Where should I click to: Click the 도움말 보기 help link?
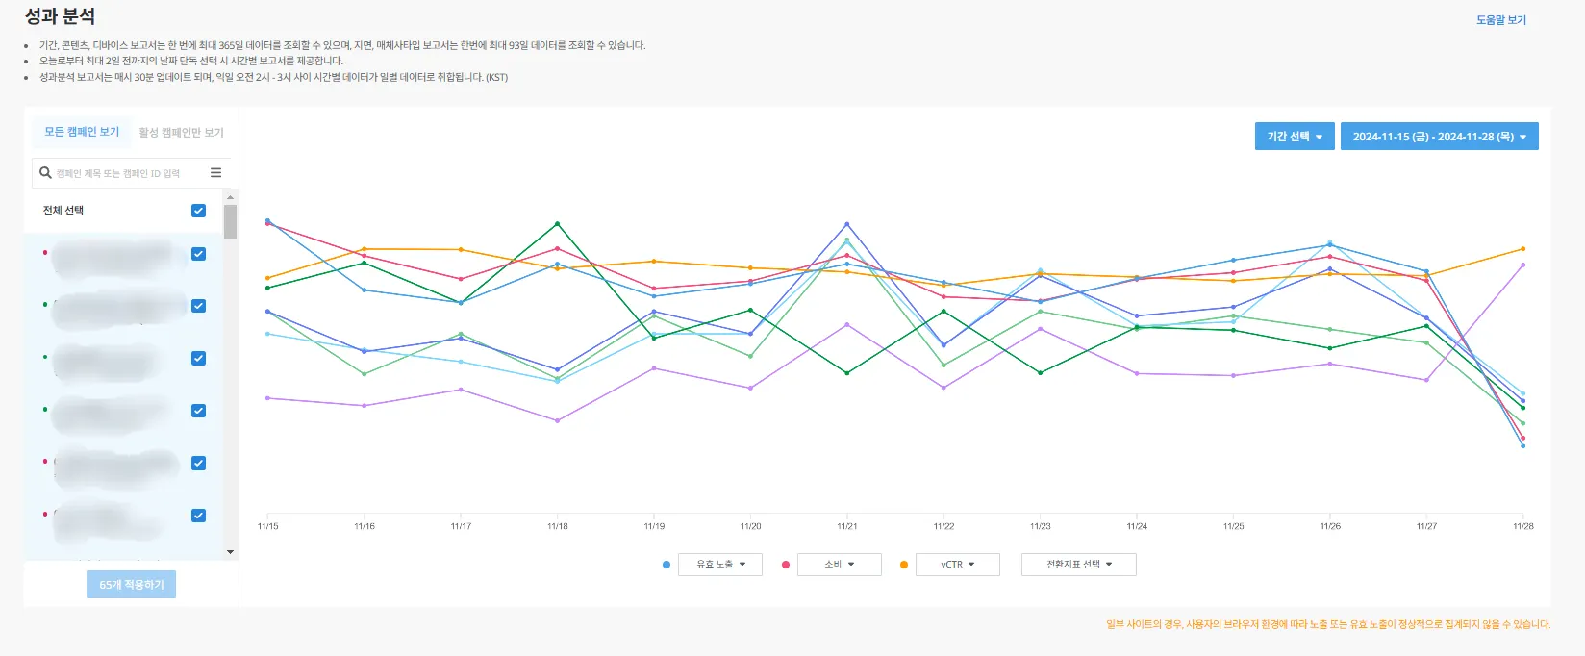tap(1500, 20)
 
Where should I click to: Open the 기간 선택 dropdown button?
tap(1294, 137)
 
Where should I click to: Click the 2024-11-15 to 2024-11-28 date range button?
tap(1439, 137)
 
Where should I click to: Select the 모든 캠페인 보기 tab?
tap(82, 132)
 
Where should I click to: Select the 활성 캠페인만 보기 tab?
tap(181, 133)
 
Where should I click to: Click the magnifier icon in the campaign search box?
tap(45, 173)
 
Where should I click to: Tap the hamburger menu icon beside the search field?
tap(215, 173)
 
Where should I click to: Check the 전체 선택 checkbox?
tap(198, 211)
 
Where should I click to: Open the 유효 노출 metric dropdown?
tap(719, 565)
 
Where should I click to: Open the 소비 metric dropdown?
tap(839, 565)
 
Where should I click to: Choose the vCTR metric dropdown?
tap(957, 565)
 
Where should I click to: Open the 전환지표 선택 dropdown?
tap(1078, 565)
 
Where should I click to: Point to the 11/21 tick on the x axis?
tap(846, 526)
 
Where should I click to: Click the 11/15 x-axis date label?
tap(267, 526)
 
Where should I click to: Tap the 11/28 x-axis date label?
tap(1522, 526)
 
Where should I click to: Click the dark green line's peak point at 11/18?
tap(557, 224)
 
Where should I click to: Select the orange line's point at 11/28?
tap(1522, 249)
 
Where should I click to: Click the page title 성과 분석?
tap(60, 16)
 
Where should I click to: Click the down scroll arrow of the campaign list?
tap(230, 552)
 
